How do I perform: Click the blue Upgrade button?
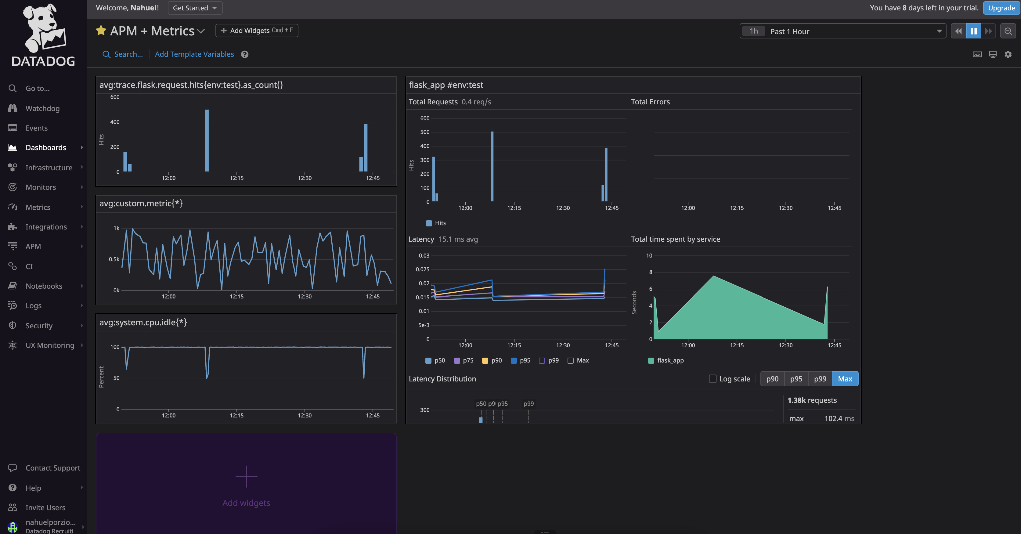click(1001, 8)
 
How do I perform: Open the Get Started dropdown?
click(195, 8)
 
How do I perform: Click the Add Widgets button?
click(257, 31)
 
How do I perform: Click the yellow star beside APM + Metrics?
click(101, 31)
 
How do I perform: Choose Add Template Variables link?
click(194, 54)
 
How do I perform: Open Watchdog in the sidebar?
click(42, 109)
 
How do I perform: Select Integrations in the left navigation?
click(46, 227)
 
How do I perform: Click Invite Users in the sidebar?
click(45, 507)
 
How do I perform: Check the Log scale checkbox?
click(713, 379)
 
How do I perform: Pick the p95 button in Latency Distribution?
click(796, 379)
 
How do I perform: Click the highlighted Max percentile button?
click(845, 379)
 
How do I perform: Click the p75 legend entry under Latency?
click(464, 360)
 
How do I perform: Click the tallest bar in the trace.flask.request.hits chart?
click(207, 140)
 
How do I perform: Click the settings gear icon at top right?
click(1008, 54)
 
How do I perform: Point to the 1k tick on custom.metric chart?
click(117, 228)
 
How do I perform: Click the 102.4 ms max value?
click(839, 419)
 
